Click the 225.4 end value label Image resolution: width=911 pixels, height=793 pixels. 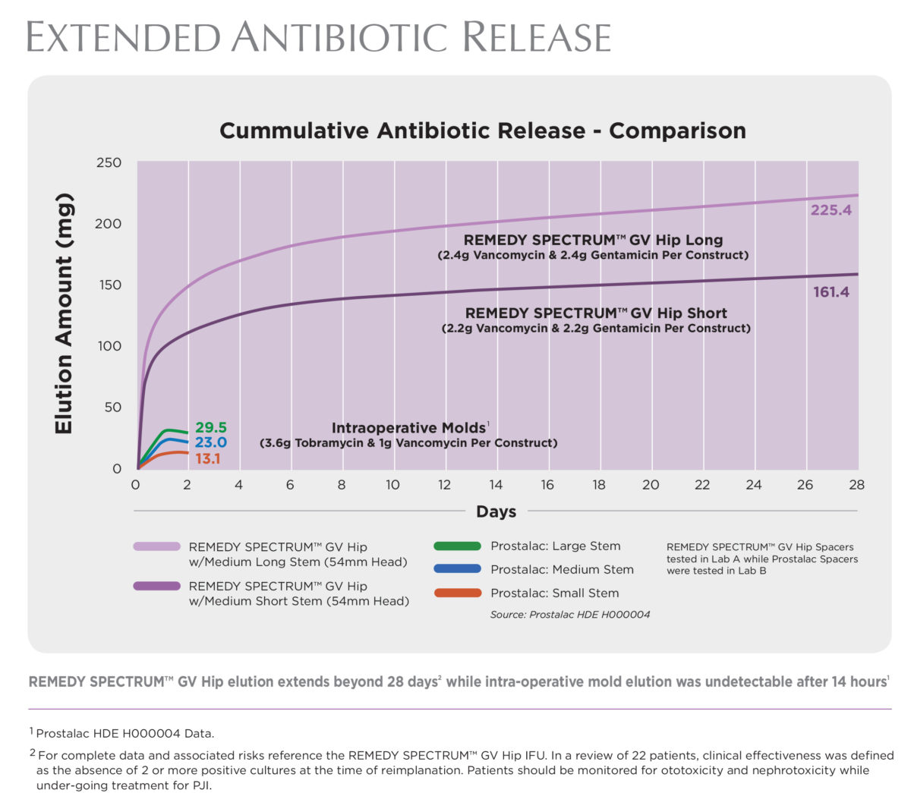tap(831, 210)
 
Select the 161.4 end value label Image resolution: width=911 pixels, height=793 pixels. tap(831, 292)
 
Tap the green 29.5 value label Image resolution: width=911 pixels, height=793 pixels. tap(211, 428)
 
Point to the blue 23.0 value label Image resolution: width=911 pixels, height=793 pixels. tap(211, 442)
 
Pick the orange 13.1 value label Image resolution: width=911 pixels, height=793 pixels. tap(207, 458)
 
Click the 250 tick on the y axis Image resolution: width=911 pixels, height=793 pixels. tap(108, 162)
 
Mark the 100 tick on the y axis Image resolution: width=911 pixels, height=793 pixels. tap(108, 346)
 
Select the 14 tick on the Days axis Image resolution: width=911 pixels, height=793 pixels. tap(496, 485)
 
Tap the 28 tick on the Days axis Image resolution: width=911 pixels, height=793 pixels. tap(856, 485)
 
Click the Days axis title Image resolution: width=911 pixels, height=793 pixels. tap(496, 511)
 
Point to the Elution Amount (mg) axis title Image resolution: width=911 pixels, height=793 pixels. tap(64, 314)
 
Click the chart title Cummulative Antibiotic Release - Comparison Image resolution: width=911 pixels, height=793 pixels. tap(482, 131)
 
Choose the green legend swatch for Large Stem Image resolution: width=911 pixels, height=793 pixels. tap(457, 546)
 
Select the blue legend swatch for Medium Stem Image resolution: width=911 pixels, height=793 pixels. tap(457, 569)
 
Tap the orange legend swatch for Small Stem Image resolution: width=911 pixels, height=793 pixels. tap(457, 593)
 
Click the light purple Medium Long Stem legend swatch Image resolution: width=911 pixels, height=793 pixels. tap(156, 546)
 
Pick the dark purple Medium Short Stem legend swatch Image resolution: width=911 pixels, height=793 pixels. tap(156, 586)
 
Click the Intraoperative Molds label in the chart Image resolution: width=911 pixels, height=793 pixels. tap(408, 428)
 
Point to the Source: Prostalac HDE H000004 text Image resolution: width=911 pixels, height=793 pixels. tap(569, 615)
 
